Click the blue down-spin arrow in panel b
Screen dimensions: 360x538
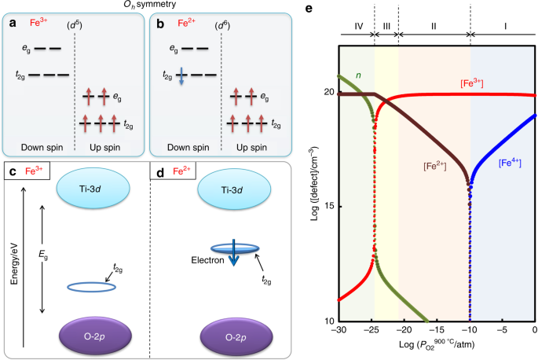coord(179,75)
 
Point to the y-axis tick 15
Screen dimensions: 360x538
coord(329,207)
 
